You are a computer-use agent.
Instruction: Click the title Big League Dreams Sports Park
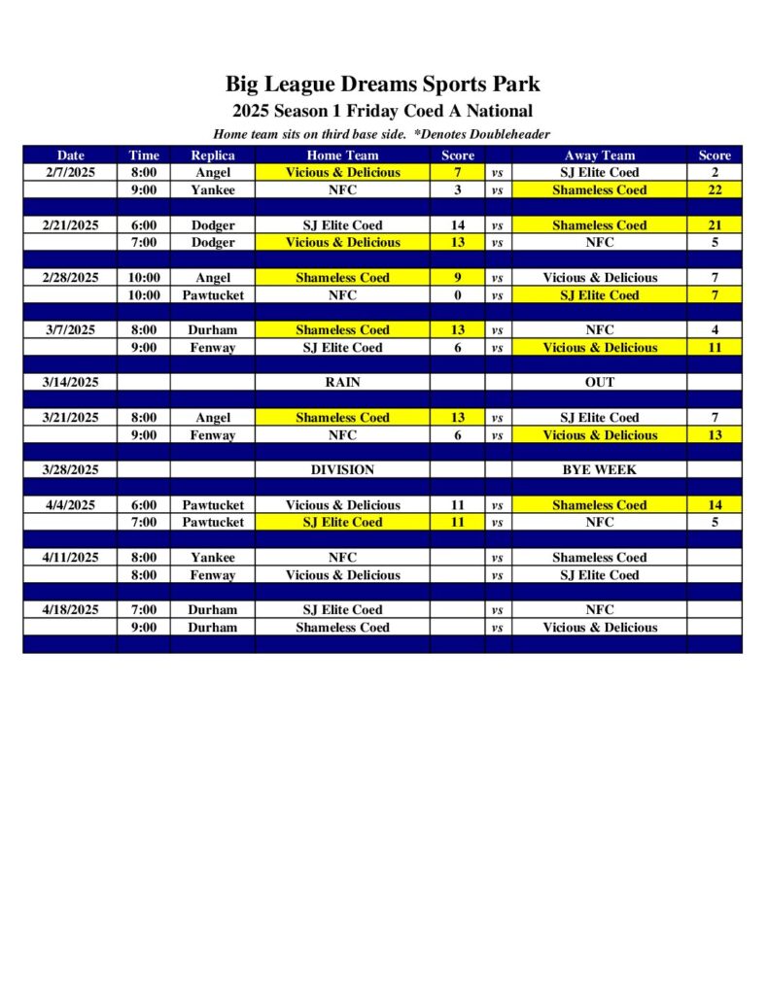[x=382, y=84]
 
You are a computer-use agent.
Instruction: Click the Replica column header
[x=212, y=154]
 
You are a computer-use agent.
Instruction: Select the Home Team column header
[x=342, y=154]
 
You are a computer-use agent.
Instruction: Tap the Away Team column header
[x=599, y=154]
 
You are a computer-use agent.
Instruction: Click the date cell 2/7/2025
[x=70, y=172]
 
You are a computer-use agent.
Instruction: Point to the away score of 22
[x=714, y=189]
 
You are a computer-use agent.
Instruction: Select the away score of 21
[x=714, y=224]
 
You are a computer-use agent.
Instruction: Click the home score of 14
[x=457, y=224]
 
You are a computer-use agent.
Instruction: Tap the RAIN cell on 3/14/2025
[x=342, y=382]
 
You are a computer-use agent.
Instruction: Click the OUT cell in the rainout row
[x=599, y=382]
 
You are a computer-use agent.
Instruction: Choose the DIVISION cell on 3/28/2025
[x=342, y=469]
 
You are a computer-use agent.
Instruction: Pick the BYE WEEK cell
[x=599, y=469]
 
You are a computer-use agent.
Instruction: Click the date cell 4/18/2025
[x=70, y=609]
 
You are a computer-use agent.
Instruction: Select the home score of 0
[x=457, y=294]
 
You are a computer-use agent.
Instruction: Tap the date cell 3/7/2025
[x=70, y=329]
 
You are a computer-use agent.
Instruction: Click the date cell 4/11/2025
[x=70, y=557]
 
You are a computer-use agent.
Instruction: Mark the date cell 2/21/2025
[x=70, y=224]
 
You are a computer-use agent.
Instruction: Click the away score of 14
[x=714, y=504]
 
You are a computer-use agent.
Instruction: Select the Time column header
[x=143, y=154]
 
